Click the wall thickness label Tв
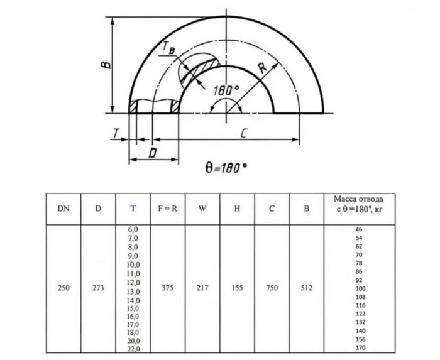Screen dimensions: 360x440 168,48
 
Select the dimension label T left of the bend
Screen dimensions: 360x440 116,133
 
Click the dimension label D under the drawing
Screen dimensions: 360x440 153,153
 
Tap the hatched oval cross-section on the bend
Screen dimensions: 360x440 200,70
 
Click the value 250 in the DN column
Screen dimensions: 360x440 63,288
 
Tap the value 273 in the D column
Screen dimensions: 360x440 98,288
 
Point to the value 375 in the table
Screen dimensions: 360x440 167,288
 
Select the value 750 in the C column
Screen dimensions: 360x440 272,288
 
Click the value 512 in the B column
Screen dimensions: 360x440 306,288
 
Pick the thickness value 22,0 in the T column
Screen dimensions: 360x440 133,347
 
